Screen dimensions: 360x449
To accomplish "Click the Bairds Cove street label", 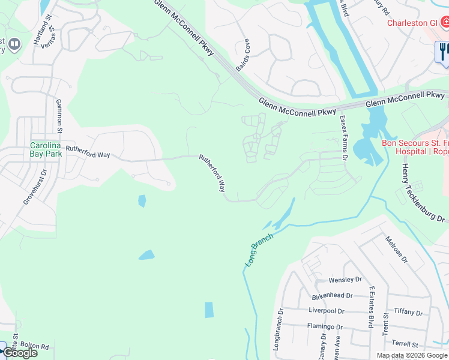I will pyautogui.click(x=243, y=56).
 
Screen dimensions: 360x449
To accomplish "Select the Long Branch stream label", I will pyautogui.click(x=259, y=250).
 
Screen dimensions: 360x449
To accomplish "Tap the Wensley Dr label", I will pyautogui.click(x=345, y=280).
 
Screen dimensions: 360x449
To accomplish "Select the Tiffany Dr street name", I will pyautogui.click(x=409, y=312).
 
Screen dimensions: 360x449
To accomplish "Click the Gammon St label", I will pyautogui.click(x=59, y=116).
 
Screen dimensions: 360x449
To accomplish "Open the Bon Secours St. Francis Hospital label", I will pyautogui.click(x=415, y=147).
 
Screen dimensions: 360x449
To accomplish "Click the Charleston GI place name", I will pyautogui.click(x=411, y=23).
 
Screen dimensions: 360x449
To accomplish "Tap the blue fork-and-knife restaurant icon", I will pyautogui.click(x=443, y=51).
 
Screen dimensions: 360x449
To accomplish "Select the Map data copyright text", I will pyautogui.click(x=411, y=355).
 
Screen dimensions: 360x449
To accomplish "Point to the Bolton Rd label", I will pyautogui.click(x=35, y=347).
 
